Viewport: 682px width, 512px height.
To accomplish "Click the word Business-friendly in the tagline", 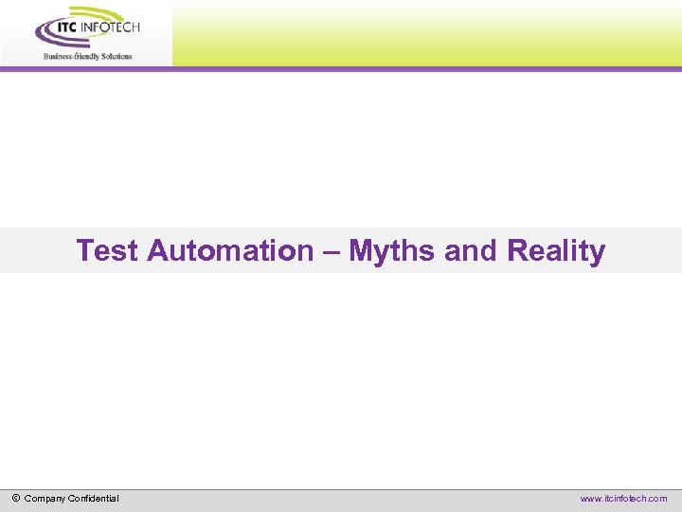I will [x=69, y=56].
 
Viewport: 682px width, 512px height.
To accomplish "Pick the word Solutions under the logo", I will [x=115, y=56].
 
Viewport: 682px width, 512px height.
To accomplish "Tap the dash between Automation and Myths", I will [x=331, y=251].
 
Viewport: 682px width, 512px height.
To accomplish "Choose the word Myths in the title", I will [x=392, y=251].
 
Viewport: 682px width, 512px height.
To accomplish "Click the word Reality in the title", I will [x=556, y=251].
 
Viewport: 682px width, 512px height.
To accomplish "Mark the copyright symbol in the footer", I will [x=16, y=498].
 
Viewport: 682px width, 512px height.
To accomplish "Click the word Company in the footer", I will [x=45, y=498].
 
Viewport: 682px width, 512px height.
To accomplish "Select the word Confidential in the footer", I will [x=94, y=498].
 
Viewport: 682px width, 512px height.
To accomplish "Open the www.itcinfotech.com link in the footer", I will [x=623, y=498].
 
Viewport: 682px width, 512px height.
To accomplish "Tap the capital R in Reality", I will [x=517, y=251].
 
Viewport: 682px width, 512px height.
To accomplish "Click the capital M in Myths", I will [x=361, y=251].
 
